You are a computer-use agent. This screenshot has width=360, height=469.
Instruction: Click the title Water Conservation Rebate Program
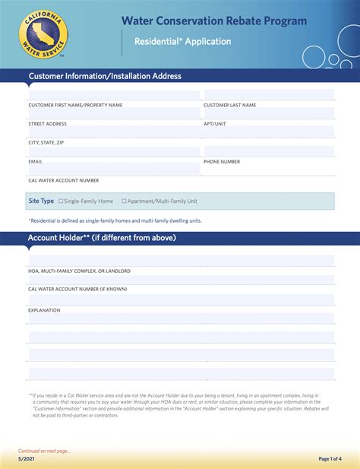coord(214,21)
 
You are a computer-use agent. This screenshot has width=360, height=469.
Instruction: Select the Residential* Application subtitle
coord(183,42)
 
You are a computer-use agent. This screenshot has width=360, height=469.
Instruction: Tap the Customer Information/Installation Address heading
coord(105,76)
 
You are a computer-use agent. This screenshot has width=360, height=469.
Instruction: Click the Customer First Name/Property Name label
coord(75,105)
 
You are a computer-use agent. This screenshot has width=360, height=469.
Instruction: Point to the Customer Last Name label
coord(229,105)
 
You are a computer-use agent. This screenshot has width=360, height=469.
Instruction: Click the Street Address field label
coord(48,124)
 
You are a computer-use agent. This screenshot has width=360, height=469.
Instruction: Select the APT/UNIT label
coord(215,124)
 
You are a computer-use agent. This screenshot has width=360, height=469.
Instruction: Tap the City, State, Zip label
coord(46,143)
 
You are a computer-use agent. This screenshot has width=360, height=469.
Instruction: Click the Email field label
coord(36,162)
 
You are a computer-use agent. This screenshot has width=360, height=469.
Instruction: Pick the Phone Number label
coord(222,162)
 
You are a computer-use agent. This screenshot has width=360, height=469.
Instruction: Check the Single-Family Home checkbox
coord(62,201)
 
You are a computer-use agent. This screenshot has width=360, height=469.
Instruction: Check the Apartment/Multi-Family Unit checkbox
coord(125,201)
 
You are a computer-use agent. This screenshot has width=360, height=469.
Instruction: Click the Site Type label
coord(41,201)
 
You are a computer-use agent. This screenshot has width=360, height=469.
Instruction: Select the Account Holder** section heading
coord(102,238)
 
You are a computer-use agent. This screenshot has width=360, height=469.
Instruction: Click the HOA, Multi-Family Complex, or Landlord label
coord(80,271)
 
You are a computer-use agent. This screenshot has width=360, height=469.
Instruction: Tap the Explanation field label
coord(44,310)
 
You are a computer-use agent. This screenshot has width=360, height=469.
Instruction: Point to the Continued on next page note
coord(45,451)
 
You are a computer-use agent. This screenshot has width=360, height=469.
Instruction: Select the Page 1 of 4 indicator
coord(330,459)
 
